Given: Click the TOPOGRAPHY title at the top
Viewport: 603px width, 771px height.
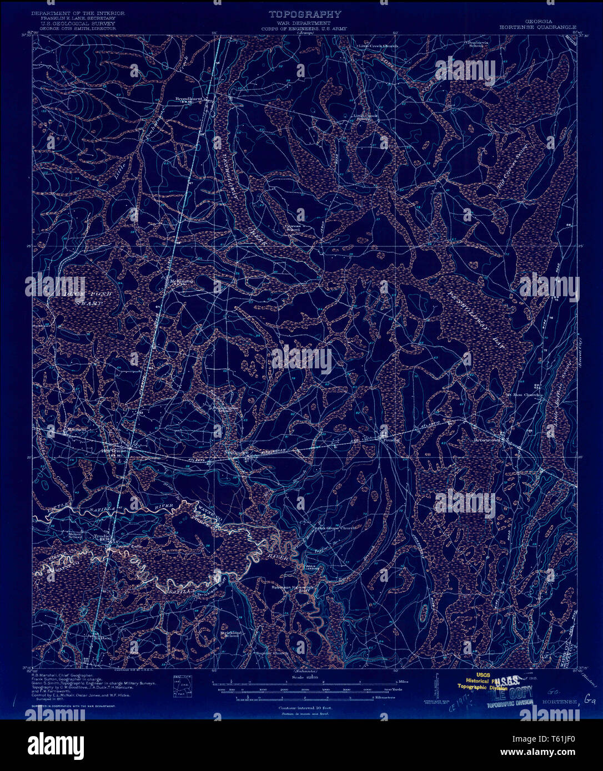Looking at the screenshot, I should pos(305,14).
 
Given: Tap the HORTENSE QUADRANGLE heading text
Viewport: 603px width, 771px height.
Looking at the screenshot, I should pos(537,27).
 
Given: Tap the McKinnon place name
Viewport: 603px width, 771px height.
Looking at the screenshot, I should pos(182,281).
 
